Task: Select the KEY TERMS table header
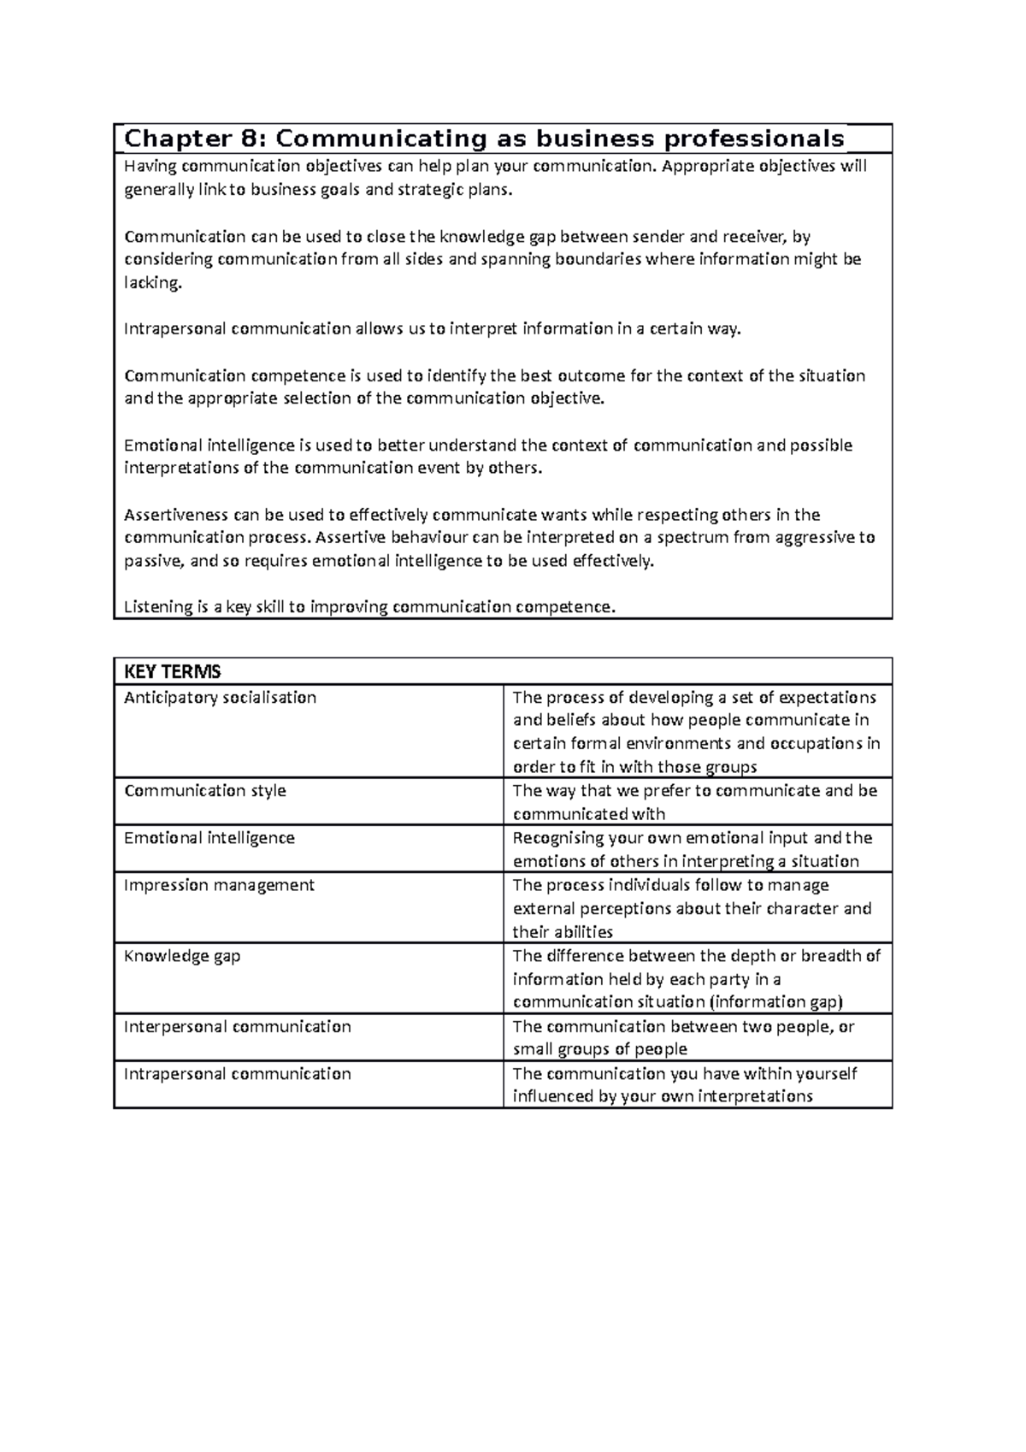coord(172,672)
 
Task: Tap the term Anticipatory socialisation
coord(221,697)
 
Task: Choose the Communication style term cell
coord(205,790)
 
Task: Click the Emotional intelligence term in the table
coord(209,838)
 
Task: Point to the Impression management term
coord(220,885)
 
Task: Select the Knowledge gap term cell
coord(182,955)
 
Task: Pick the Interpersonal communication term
coord(238,1026)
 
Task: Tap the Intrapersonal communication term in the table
coord(238,1073)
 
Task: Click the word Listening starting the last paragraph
coord(158,607)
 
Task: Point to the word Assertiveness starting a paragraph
coord(176,515)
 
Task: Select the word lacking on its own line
coord(153,283)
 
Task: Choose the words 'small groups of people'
coord(599,1049)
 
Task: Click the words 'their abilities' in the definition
coord(563,932)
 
